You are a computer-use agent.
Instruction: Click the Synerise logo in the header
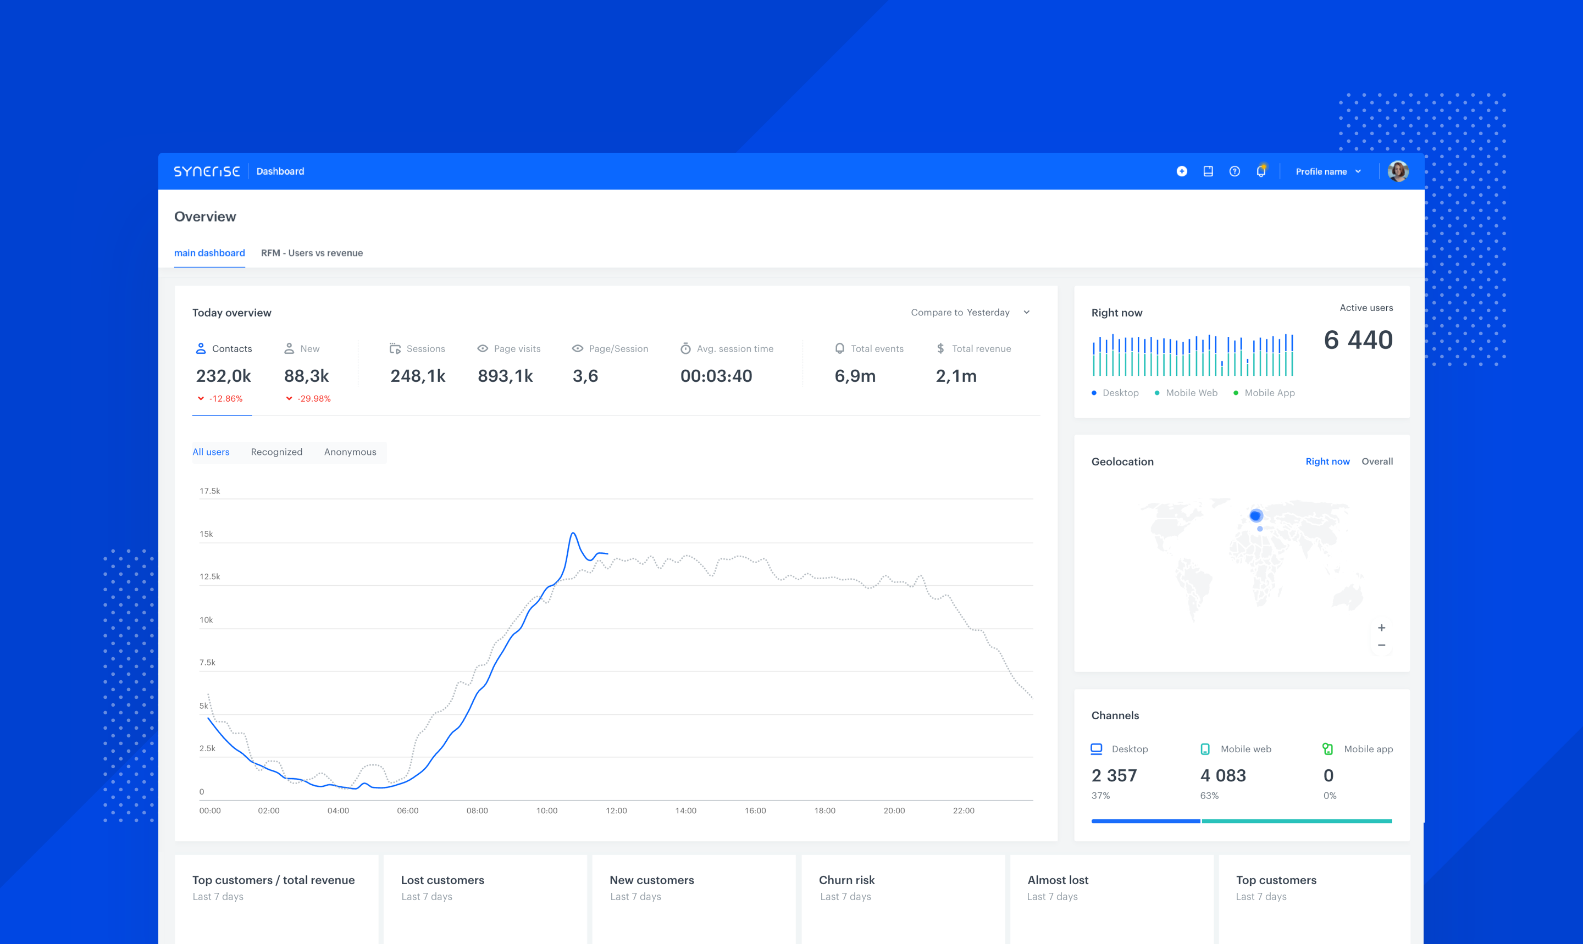click(x=207, y=171)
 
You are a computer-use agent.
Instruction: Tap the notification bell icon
click(x=1260, y=171)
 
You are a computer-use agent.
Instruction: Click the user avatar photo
click(x=1398, y=171)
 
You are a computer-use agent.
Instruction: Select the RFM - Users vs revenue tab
click(x=312, y=253)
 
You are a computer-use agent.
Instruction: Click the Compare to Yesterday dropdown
click(x=970, y=312)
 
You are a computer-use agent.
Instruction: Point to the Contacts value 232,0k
click(x=223, y=376)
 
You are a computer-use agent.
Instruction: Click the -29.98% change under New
click(x=314, y=399)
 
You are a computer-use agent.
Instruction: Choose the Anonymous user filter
click(x=350, y=452)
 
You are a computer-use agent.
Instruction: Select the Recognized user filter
click(x=276, y=452)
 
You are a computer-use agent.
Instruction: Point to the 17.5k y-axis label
click(x=209, y=491)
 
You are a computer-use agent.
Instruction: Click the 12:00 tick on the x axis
click(x=616, y=810)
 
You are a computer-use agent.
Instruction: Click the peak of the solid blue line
click(x=573, y=534)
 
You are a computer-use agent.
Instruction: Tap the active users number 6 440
click(x=1358, y=340)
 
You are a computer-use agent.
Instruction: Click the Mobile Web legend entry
click(x=1191, y=393)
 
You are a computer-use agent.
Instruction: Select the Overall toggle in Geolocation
click(x=1377, y=462)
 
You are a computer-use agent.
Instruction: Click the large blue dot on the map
click(x=1255, y=516)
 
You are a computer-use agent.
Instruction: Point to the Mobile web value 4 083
click(x=1223, y=775)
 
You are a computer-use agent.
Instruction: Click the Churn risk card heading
click(x=846, y=880)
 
